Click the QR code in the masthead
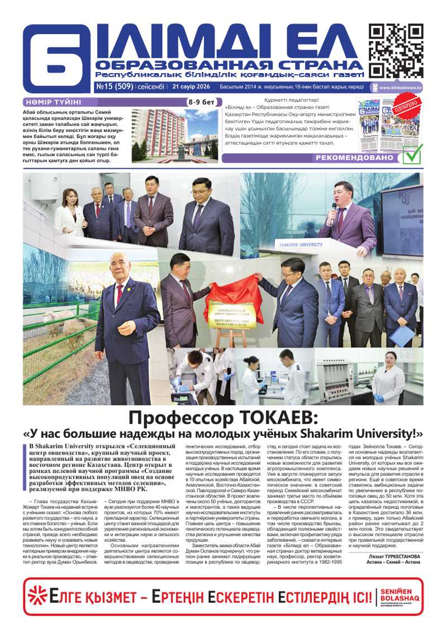(x=396, y=51)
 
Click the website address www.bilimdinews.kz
(x=401, y=88)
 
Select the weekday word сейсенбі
(x=150, y=87)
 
